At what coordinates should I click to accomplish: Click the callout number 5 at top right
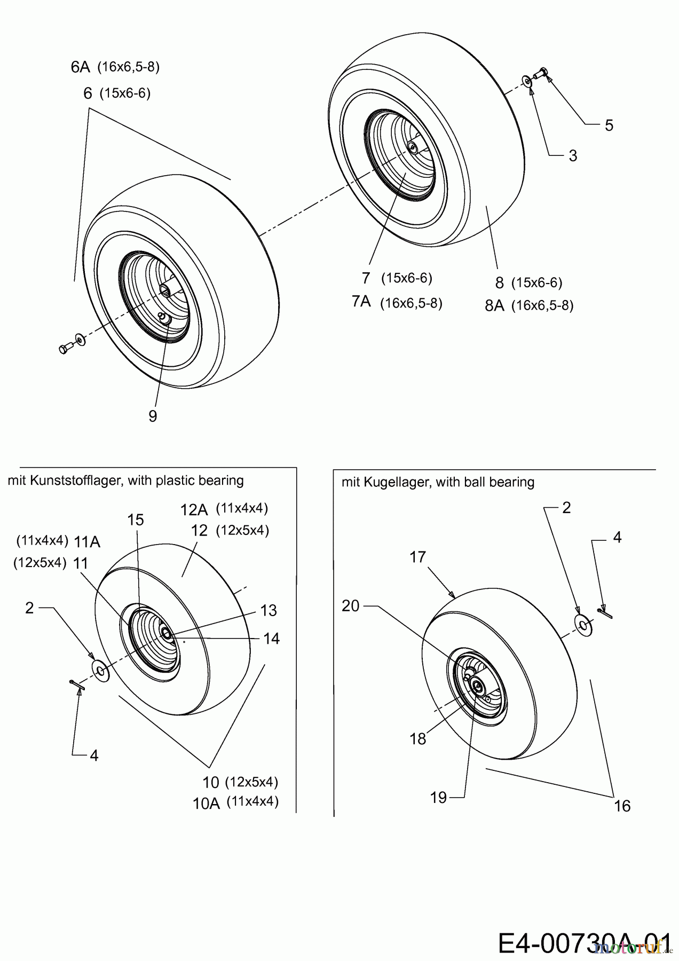tap(609, 125)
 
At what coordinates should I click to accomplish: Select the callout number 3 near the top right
tap(573, 156)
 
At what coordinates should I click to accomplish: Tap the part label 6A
tap(80, 67)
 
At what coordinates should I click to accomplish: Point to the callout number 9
tap(153, 416)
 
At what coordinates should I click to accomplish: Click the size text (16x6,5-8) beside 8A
tap(542, 306)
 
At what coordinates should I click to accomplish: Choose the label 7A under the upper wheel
tap(361, 302)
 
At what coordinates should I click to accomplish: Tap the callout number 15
tap(136, 519)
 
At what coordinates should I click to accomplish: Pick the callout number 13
tap(269, 610)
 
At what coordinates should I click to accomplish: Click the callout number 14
tap(272, 639)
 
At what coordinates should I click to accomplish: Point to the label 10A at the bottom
tap(206, 804)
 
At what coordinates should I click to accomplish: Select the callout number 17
tap(417, 557)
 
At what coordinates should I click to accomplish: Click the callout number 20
tap(351, 606)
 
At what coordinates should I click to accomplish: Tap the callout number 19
tap(438, 798)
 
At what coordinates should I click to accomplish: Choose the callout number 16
tap(622, 806)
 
